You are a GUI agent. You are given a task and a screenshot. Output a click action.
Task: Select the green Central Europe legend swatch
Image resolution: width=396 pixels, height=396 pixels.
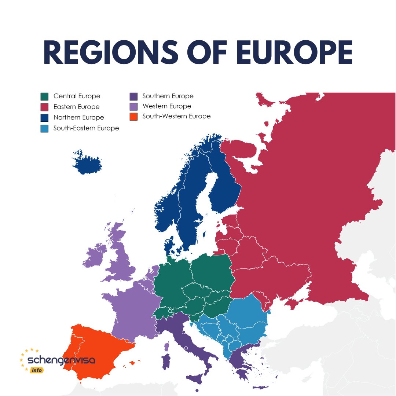(44, 96)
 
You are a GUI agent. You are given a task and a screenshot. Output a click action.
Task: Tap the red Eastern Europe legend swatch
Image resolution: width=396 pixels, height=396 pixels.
(44, 107)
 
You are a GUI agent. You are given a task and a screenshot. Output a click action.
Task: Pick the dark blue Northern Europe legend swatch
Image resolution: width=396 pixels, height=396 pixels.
(44, 118)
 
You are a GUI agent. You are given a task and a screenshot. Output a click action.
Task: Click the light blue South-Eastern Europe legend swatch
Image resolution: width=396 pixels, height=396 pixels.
(44, 128)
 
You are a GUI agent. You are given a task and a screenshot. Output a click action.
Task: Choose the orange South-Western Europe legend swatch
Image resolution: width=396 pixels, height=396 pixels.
(133, 117)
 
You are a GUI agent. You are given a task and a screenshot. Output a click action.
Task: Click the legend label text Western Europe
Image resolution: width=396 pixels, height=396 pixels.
(167, 106)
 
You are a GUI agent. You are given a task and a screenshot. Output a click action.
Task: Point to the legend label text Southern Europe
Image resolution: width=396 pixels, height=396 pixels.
(168, 96)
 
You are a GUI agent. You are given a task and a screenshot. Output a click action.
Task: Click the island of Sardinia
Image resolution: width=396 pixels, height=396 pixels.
(166, 361)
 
